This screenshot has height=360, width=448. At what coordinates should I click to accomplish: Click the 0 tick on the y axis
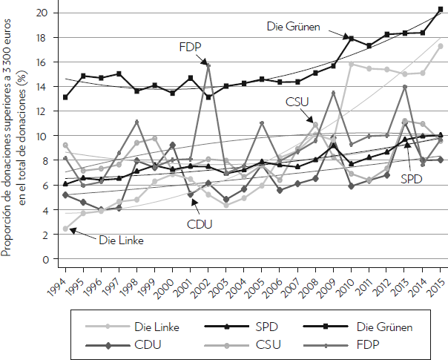click(x=45, y=260)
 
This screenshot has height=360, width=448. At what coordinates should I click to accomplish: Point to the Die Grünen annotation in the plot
click(x=293, y=26)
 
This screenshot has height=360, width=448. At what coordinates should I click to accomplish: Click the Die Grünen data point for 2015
click(x=441, y=10)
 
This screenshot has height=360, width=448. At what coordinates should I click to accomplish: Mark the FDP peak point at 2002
click(x=209, y=65)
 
